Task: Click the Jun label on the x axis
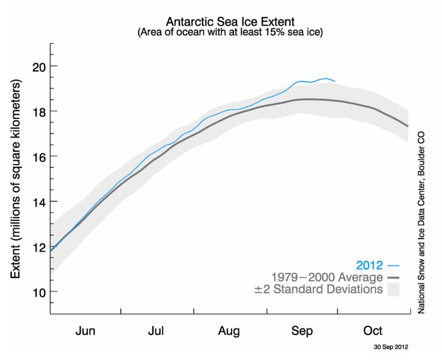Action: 85,331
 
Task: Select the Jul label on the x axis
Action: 157,331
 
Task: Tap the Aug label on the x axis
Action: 229,331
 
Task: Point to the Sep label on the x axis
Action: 301,331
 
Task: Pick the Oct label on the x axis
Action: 373,331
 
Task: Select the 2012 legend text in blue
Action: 370,264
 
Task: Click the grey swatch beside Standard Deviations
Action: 393,290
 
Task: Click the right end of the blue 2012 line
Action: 335,82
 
